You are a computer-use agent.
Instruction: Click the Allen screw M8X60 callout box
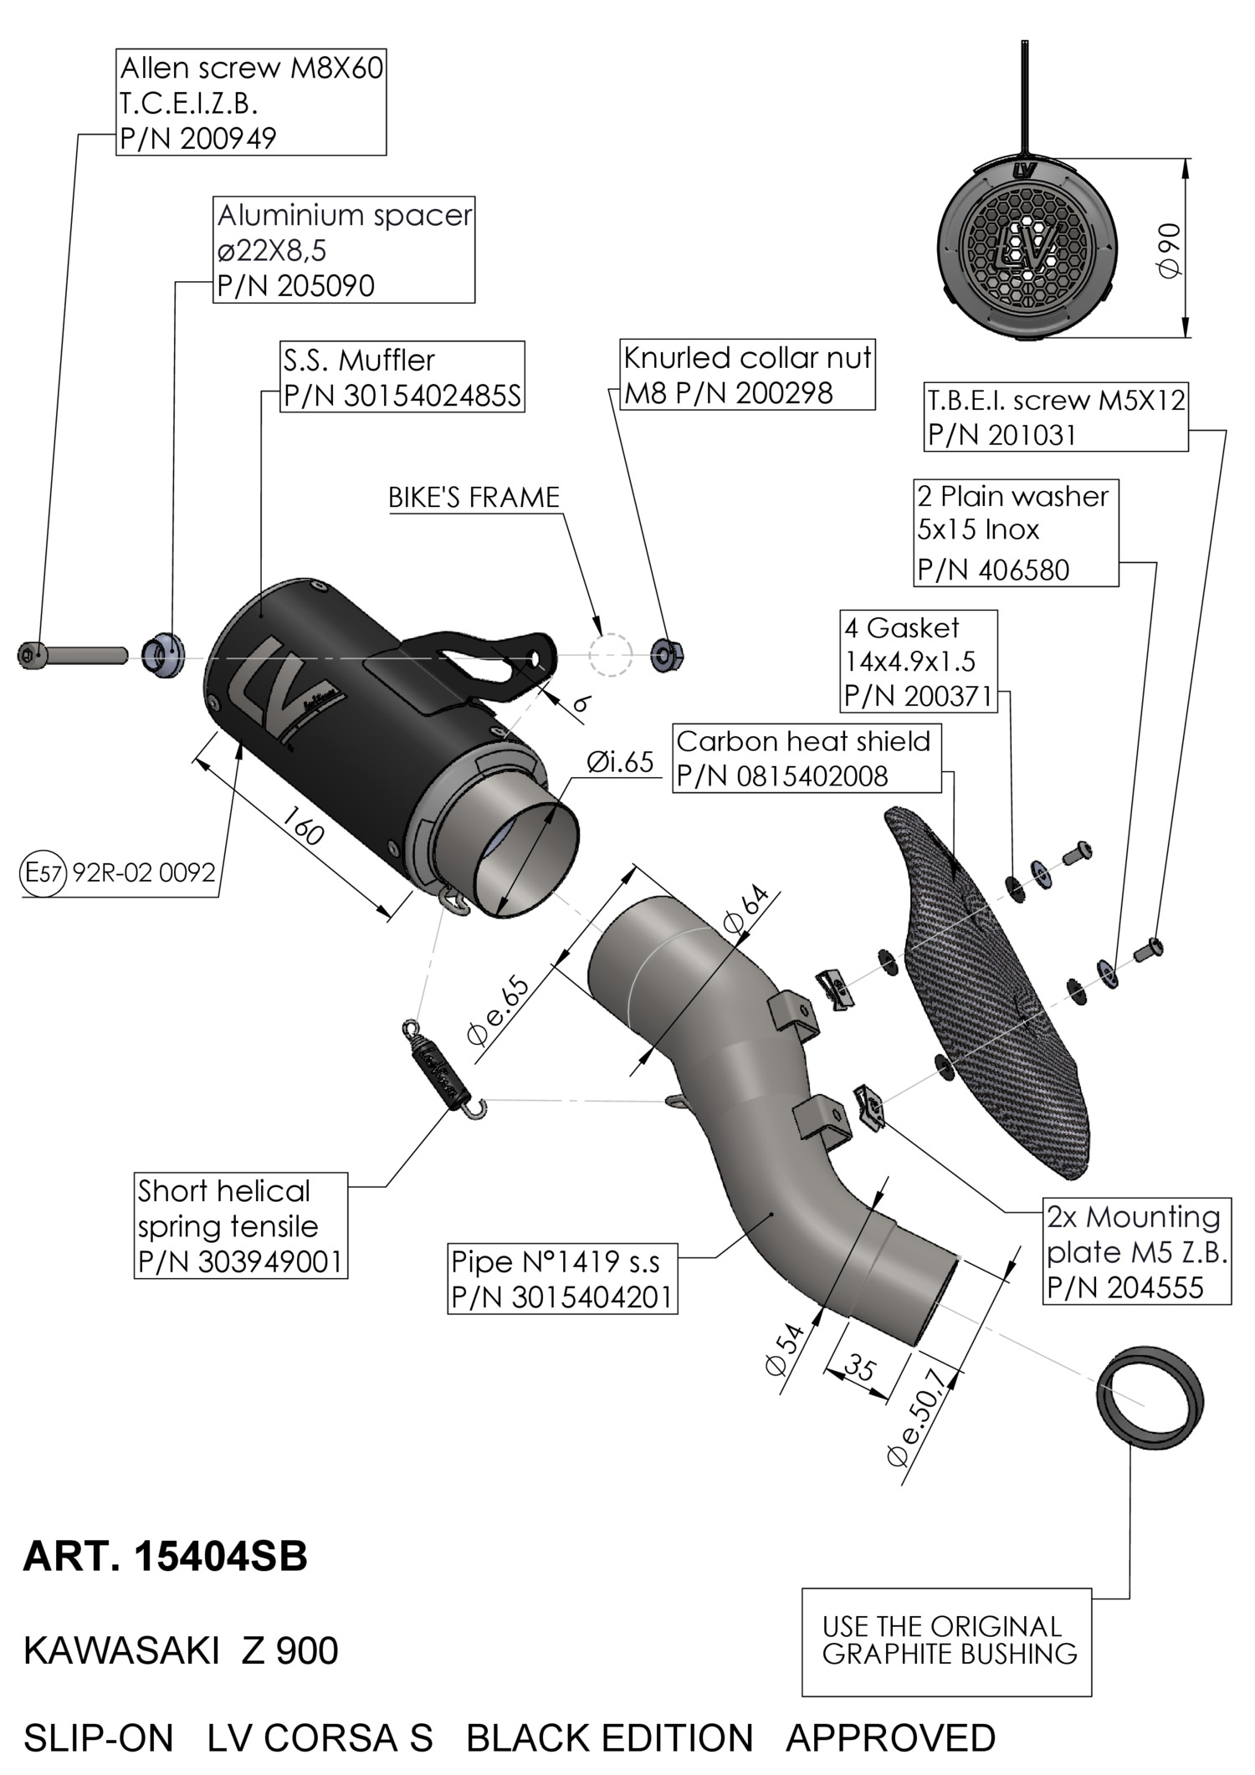[251, 102]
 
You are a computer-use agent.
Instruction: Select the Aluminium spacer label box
[344, 250]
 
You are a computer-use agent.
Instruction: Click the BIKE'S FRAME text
[474, 498]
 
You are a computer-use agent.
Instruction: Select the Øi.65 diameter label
[620, 762]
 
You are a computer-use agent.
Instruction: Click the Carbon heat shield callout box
[807, 759]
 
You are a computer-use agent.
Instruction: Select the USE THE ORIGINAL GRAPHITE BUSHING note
[947, 1642]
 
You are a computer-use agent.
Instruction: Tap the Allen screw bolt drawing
[72, 654]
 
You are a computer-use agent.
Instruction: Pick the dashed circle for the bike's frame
[609, 654]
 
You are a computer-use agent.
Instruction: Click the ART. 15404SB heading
[166, 1557]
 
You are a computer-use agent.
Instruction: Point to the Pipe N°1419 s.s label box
[562, 1278]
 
